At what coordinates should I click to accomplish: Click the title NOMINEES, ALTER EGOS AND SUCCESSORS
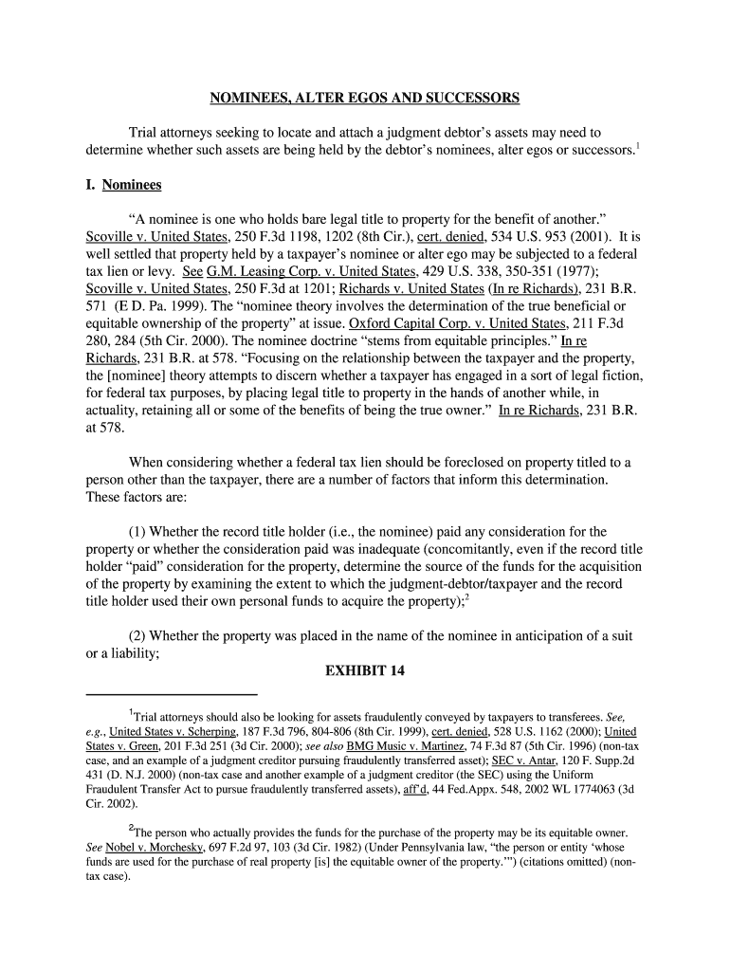[364, 98]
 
